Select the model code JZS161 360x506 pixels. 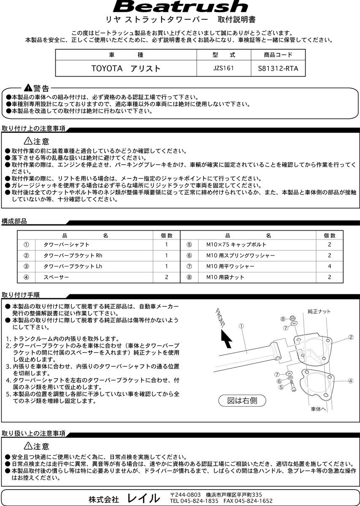[x=223, y=67]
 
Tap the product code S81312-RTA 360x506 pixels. [x=278, y=68]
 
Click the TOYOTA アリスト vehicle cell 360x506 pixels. [x=126, y=68]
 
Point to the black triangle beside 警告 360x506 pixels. [x=28, y=88]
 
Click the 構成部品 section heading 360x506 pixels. [x=14, y=221]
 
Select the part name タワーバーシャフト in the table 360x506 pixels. [x=67, y=245]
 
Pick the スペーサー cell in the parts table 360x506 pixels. [x=55, y=277]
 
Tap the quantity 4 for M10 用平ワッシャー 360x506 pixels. [x=330, y=266]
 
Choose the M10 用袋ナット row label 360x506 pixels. [x=225, y=277]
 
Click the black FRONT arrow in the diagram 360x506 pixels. [x=226, y=338]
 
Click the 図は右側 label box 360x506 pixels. [x=242, y=400]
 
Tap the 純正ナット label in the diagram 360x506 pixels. [x=319, y=312]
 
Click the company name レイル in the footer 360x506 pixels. [x=144, y=498]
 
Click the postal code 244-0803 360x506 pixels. [x=188, y=494]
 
